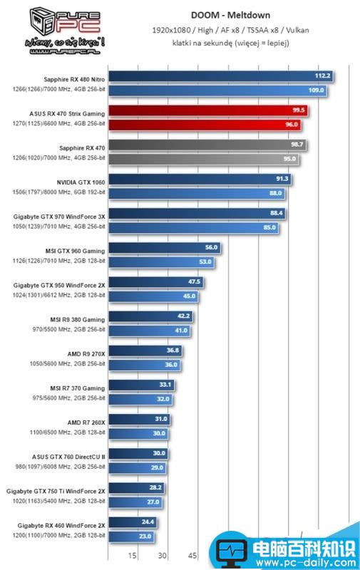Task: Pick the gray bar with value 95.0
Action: click(204, 159)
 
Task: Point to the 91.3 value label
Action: click(282, 179)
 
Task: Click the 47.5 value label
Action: click(194, 282)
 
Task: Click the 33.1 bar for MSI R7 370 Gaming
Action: click(142, 385)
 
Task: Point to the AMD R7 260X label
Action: click(86, 422)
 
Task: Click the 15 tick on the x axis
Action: click(133, 556)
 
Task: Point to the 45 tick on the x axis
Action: click(192, 556)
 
